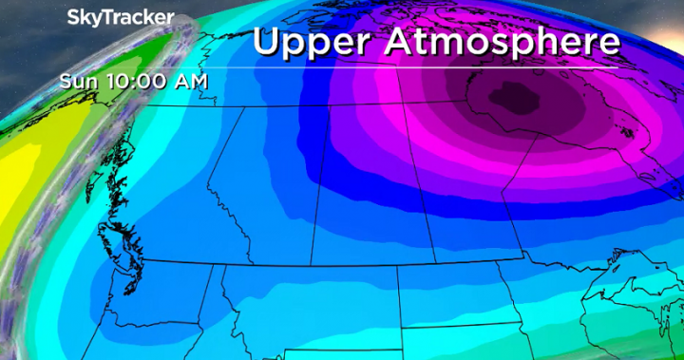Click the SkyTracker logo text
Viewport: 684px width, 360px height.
[x=121, y=17]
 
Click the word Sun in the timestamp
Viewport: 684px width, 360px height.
[x=76, y=81]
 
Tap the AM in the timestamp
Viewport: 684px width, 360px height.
[x=190, y=81]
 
